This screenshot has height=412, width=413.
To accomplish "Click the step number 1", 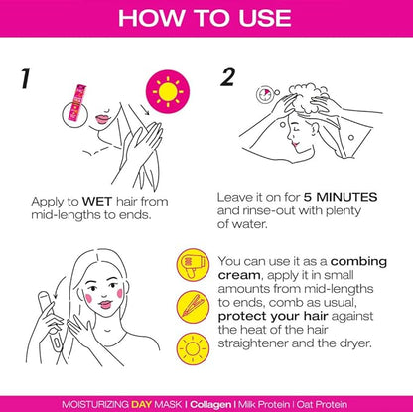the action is [x=25, y=78].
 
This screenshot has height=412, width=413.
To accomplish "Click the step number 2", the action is [x=227, y=76].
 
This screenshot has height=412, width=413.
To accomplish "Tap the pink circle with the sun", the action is [x=168, y=92].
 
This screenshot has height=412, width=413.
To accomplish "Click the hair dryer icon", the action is [x=193, y=265].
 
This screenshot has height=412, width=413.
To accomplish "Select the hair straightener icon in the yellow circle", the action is [x=193, y=307].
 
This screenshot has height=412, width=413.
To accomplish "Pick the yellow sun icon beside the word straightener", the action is [x=193, y=348].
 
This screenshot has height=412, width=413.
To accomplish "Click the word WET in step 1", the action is [x=97, y=201].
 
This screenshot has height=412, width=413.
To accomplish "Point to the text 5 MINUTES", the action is [x=341, y=197].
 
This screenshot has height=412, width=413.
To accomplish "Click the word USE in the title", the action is [x=265, y=18].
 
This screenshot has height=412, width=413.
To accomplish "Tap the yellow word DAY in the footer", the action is [x=142, y=404].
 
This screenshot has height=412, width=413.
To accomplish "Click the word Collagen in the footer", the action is [x=210, y=404].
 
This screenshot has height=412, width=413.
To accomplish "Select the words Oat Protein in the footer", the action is [x=322, y=404].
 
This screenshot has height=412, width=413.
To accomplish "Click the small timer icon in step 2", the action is [x=265, y=94].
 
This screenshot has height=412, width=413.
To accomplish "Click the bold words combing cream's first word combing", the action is [x=358, y=261].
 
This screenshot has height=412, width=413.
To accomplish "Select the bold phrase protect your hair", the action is [x=273, y=317].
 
